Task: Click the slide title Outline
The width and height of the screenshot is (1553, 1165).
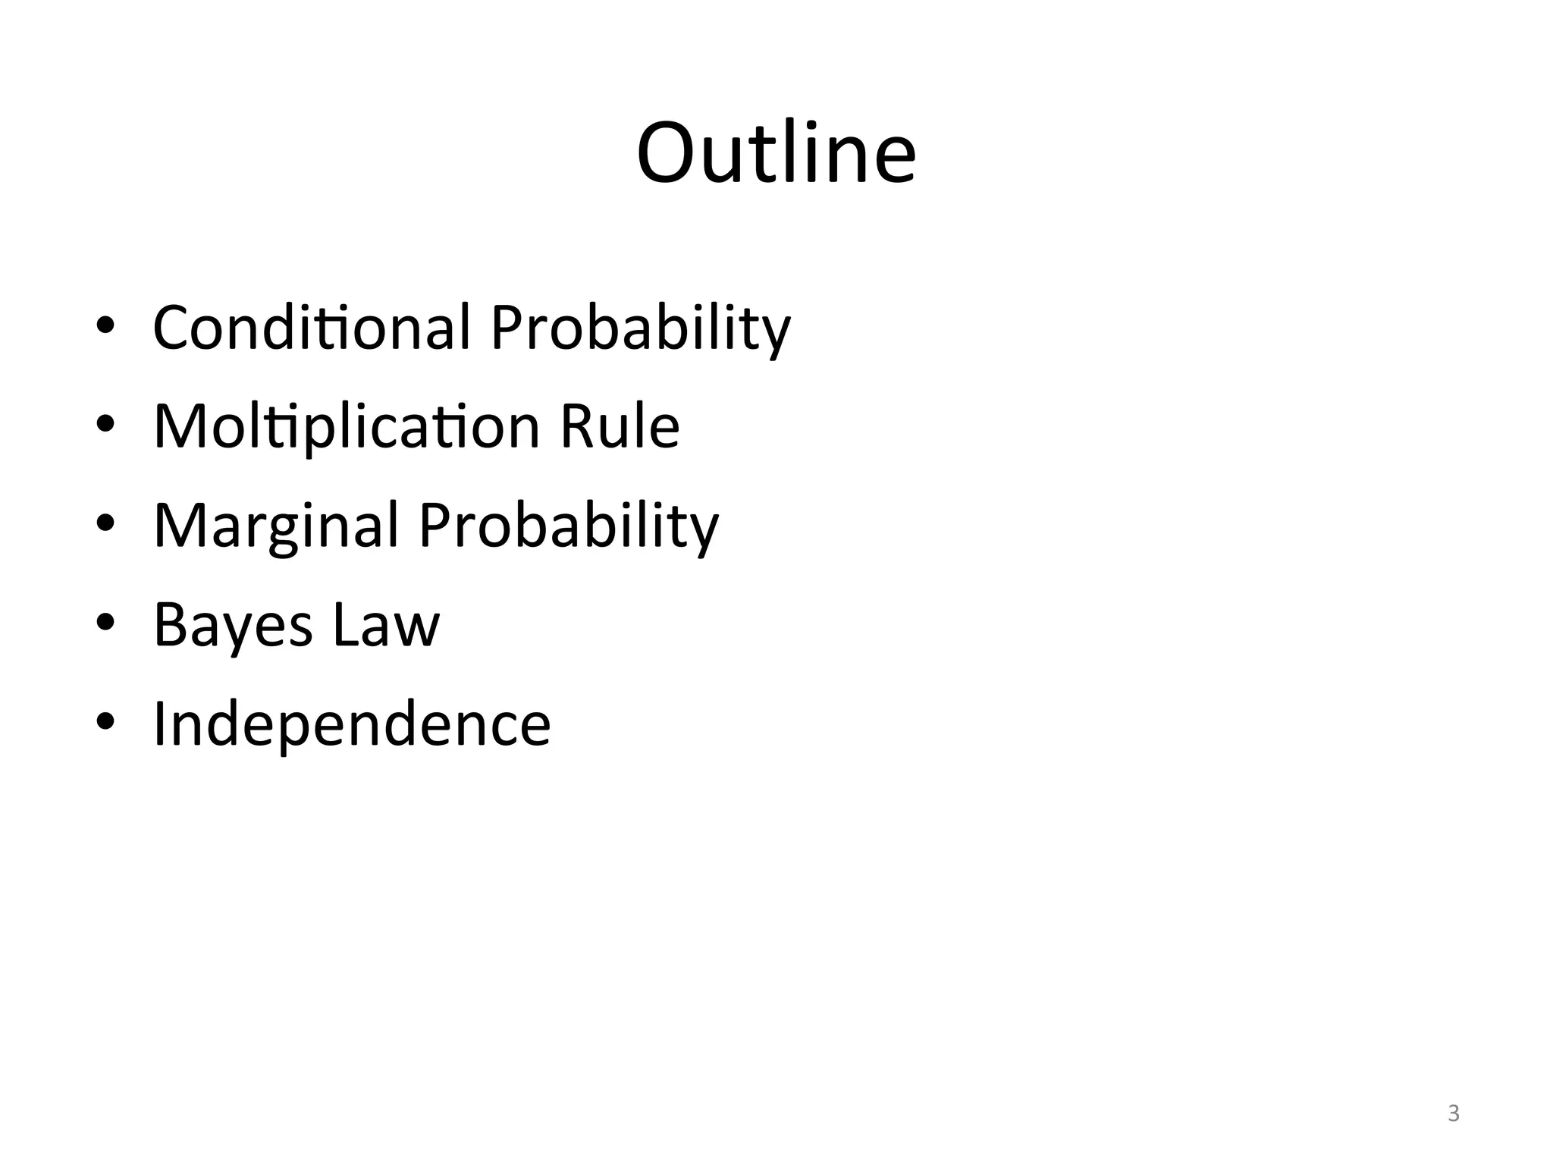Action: click(776, 153)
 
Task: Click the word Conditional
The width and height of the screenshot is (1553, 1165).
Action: click(312, 327)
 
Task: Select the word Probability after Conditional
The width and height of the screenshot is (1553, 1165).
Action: click(640, 328)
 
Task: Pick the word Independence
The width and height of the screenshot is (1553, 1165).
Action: click(352, 724)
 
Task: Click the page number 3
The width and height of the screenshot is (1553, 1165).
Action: click(1453, 1113)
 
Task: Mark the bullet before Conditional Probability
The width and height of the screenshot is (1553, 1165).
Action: click(105, 326)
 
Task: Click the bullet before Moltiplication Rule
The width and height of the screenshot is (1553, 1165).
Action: click(105, 425)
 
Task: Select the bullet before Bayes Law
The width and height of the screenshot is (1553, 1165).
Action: click(105, 623)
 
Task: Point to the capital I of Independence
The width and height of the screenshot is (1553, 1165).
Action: click(160, 724)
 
